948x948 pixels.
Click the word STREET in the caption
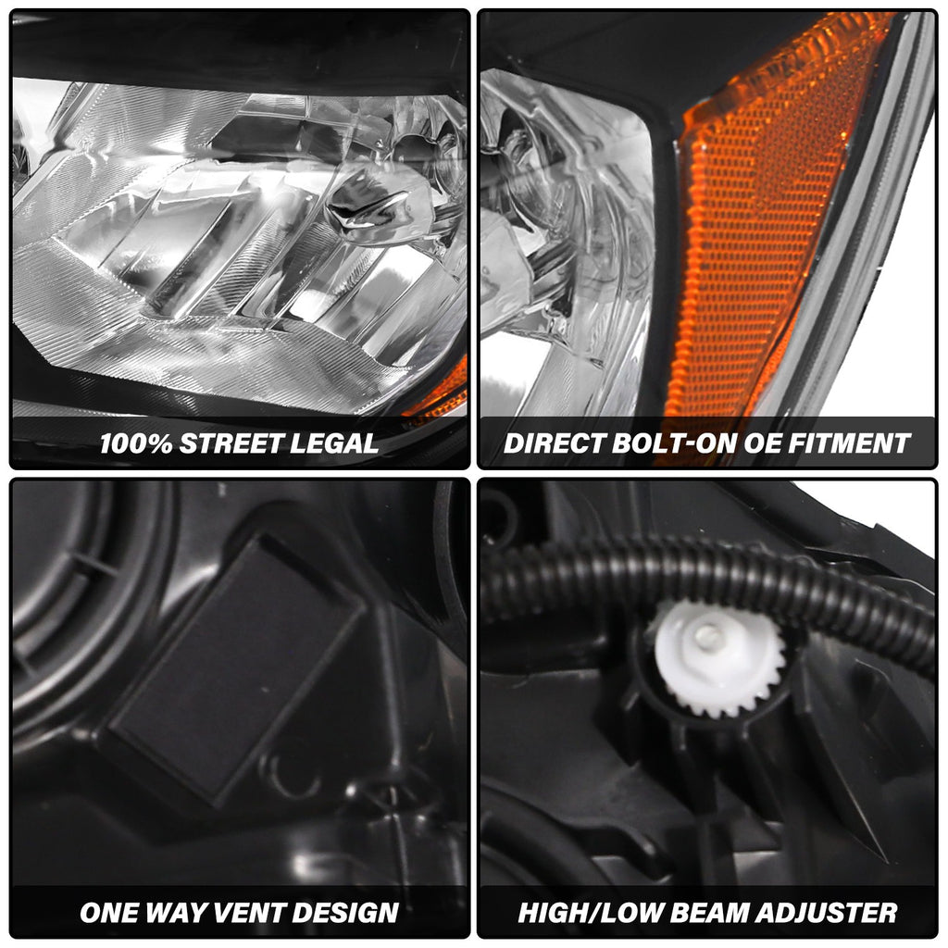(x=232, y=443)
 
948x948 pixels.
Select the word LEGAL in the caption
(x=336, y=443)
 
